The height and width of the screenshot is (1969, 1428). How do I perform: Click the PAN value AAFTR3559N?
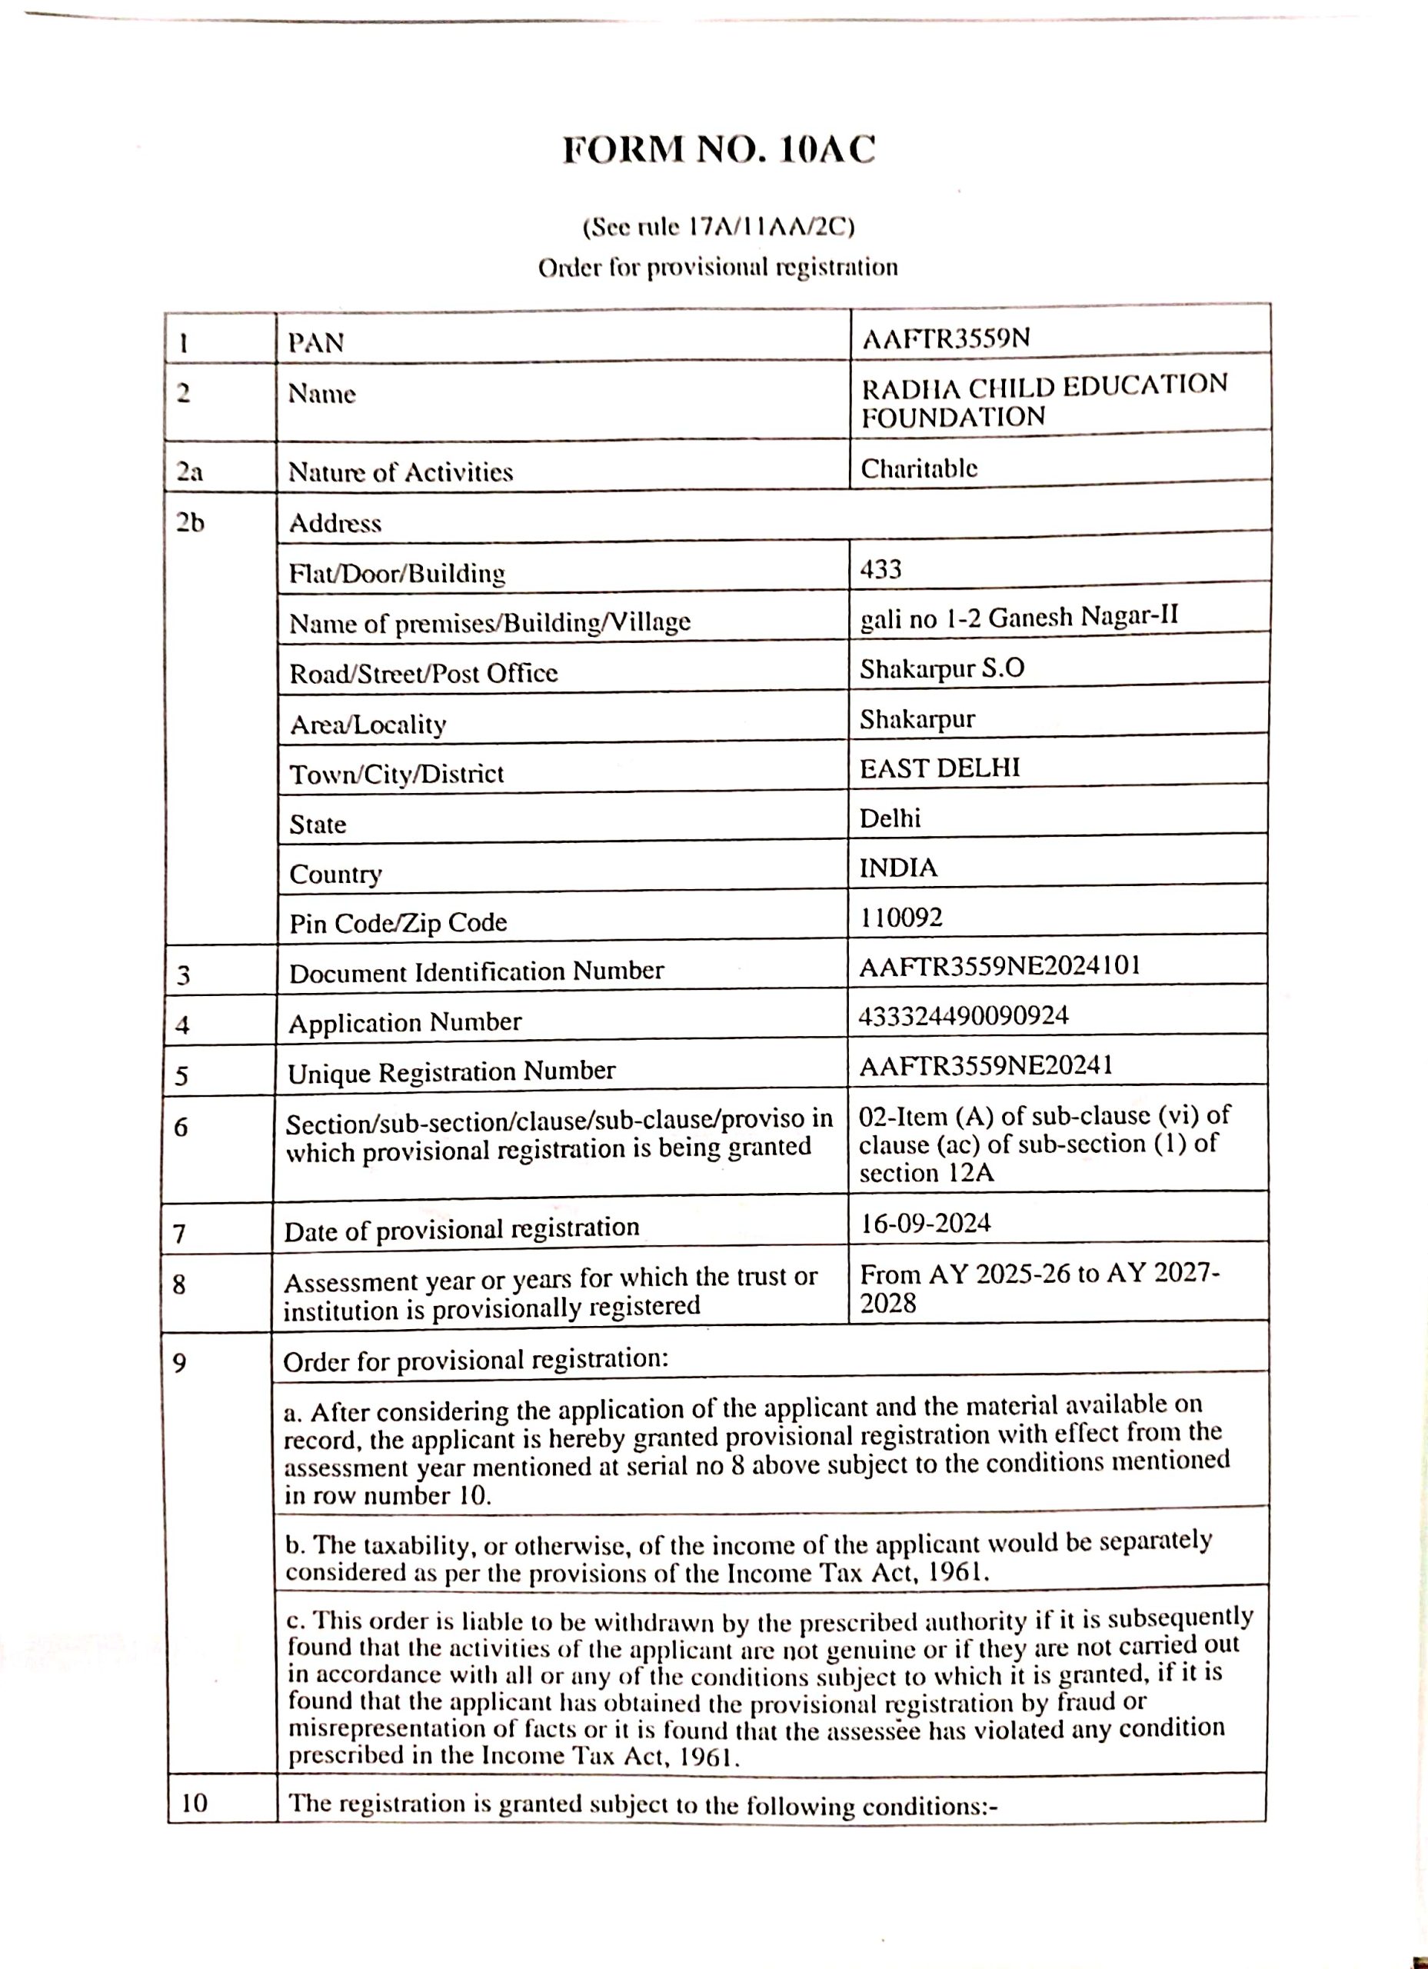click(x=945, y=338)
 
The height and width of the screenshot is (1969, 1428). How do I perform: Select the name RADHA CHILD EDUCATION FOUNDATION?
click(x=1044, y=400)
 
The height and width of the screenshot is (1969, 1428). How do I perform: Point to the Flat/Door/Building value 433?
click(x=880, y=569)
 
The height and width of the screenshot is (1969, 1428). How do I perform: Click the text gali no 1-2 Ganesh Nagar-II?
click(x=1019, y=618)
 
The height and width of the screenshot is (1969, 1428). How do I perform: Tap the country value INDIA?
click(x=897, y=868)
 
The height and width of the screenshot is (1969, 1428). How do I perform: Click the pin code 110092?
click(x=900, y=918)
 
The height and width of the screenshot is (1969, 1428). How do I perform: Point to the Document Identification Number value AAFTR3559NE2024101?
click(x=999, y=966)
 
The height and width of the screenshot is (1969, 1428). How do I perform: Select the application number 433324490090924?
click(x=964, y=1015)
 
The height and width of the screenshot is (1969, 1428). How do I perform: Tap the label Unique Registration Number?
click(x=451, y=1072)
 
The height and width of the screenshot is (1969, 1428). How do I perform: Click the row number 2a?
click(x=188, y=472)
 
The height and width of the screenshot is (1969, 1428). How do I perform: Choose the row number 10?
click(x=195, y=1804)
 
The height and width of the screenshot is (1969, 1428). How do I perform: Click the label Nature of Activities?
click(x=400, y=472)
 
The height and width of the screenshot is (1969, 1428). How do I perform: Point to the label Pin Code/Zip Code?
click(x=398, y=922)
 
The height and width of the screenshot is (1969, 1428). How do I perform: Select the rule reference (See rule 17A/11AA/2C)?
click(x=719, y=228)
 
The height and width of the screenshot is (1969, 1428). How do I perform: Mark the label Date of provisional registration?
click(x=462, y=1229)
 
